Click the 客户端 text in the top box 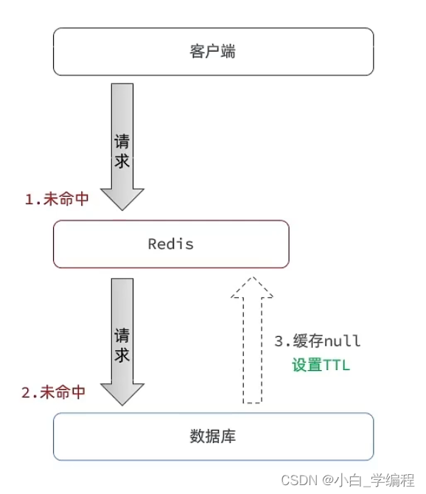coord(212,52)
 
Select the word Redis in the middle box coord(171,244)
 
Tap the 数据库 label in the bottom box coord(212,436)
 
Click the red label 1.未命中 coord(57,199)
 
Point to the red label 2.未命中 coord(54,392)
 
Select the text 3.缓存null coord(318,341)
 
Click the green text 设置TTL coord(321,365)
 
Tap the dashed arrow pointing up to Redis coord(252,340)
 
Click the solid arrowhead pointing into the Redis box coord(122,198)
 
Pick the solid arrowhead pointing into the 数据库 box coord(122,394)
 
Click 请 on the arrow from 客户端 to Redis coord(122,141)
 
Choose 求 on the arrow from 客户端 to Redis coord(122,161)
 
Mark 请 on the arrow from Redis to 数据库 coord(122,335)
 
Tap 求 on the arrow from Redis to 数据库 coord(122,355)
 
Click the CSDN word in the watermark coord(299,481)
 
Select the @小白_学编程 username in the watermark coord(369,481)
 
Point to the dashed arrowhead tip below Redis coord(252,277)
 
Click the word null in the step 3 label coord(342,341)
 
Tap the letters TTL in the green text coord(336,366)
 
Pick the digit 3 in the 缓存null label coord(279,341)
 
